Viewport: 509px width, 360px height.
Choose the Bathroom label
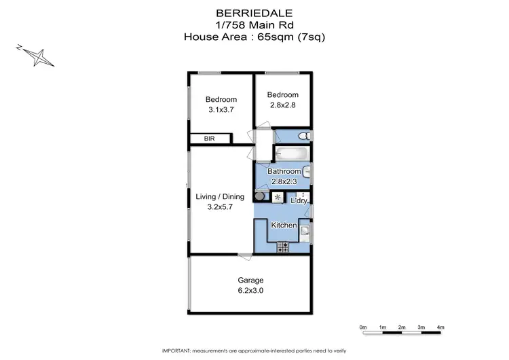click(284, 172)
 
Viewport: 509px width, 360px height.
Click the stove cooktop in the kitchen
click(282, 247)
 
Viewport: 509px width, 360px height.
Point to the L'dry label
click(299, 201)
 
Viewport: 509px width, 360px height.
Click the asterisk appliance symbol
click(277, 197)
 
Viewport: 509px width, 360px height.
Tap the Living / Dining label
click(219, 197)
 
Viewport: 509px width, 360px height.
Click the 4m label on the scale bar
click(440, 327)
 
